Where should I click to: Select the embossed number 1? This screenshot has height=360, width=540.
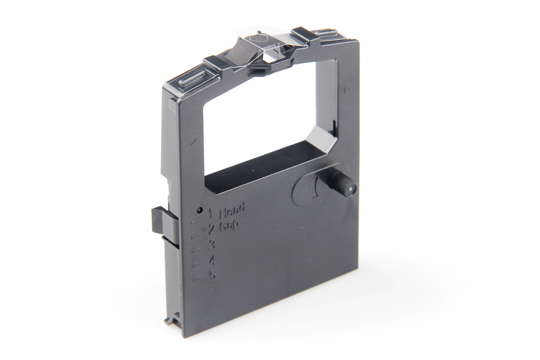210,213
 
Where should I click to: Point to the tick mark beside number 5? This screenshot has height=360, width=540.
195,279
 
